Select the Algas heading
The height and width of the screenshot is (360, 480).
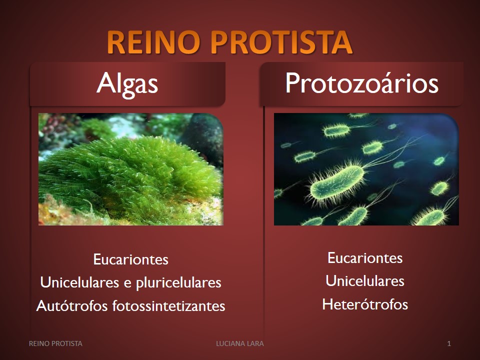[127, 83]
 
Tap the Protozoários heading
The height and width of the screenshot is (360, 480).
[362, 83]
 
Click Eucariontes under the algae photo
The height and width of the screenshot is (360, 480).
[130, 259]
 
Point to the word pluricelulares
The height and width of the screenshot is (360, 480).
[178, 283]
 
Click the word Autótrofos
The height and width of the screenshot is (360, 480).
[72, 305]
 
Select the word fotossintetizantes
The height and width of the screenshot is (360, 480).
[168, 305]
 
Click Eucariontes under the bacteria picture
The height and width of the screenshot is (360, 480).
[365, 258]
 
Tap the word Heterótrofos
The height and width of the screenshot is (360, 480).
[365, 304]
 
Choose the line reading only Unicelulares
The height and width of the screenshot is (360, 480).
[365, 281]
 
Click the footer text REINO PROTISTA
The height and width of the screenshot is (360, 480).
[55, 343]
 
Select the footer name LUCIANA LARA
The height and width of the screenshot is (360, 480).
[240, 343]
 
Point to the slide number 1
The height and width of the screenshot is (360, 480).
[449, 343]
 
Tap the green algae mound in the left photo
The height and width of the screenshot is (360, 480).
[128, 177]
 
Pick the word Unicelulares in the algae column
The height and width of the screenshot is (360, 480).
[79, 282]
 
